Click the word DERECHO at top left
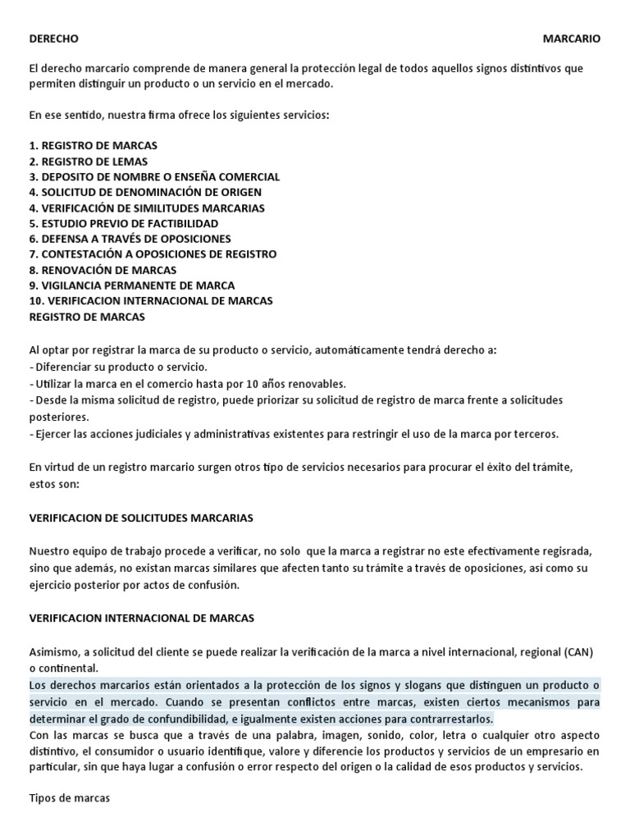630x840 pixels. point(54,39)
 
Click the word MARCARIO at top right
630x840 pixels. point(572,39)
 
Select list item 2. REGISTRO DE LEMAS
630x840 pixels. point(87,161)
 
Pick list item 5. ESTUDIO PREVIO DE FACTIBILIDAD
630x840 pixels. point(123,223)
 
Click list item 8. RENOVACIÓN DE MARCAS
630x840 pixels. point(103,270)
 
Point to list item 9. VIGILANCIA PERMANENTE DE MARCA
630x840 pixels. point(131,285)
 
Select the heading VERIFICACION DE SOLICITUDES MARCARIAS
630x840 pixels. point(141,518)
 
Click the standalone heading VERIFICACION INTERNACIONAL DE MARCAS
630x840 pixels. point(141,617)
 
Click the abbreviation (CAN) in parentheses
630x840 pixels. point(575,651)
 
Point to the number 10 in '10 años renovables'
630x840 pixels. point(235,384)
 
